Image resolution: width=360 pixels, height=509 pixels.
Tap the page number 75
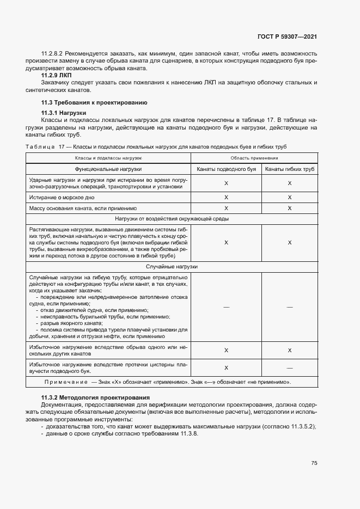coord(314,463)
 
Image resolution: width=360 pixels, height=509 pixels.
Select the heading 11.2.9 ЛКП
coord(57,75)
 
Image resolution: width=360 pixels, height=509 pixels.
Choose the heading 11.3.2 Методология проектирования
coord(95,398)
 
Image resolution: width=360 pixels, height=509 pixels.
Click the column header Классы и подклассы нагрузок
coord(108,157)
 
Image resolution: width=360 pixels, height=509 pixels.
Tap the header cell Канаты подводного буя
coord(226,169)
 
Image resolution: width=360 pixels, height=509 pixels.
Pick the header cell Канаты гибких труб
coord(290,169)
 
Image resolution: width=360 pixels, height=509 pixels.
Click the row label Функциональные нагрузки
coord(108,169)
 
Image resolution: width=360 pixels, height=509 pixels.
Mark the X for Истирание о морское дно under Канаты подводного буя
coord(226,198)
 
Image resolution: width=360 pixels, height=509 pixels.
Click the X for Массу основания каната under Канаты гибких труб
coord(290,208)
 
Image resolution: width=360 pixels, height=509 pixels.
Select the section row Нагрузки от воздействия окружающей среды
coord(172,219)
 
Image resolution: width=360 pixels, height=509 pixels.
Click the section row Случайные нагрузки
coord(172,267)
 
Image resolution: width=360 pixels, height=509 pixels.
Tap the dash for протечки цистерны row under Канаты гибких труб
coord(290,368)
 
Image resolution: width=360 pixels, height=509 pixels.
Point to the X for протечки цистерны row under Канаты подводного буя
coord(226,368)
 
